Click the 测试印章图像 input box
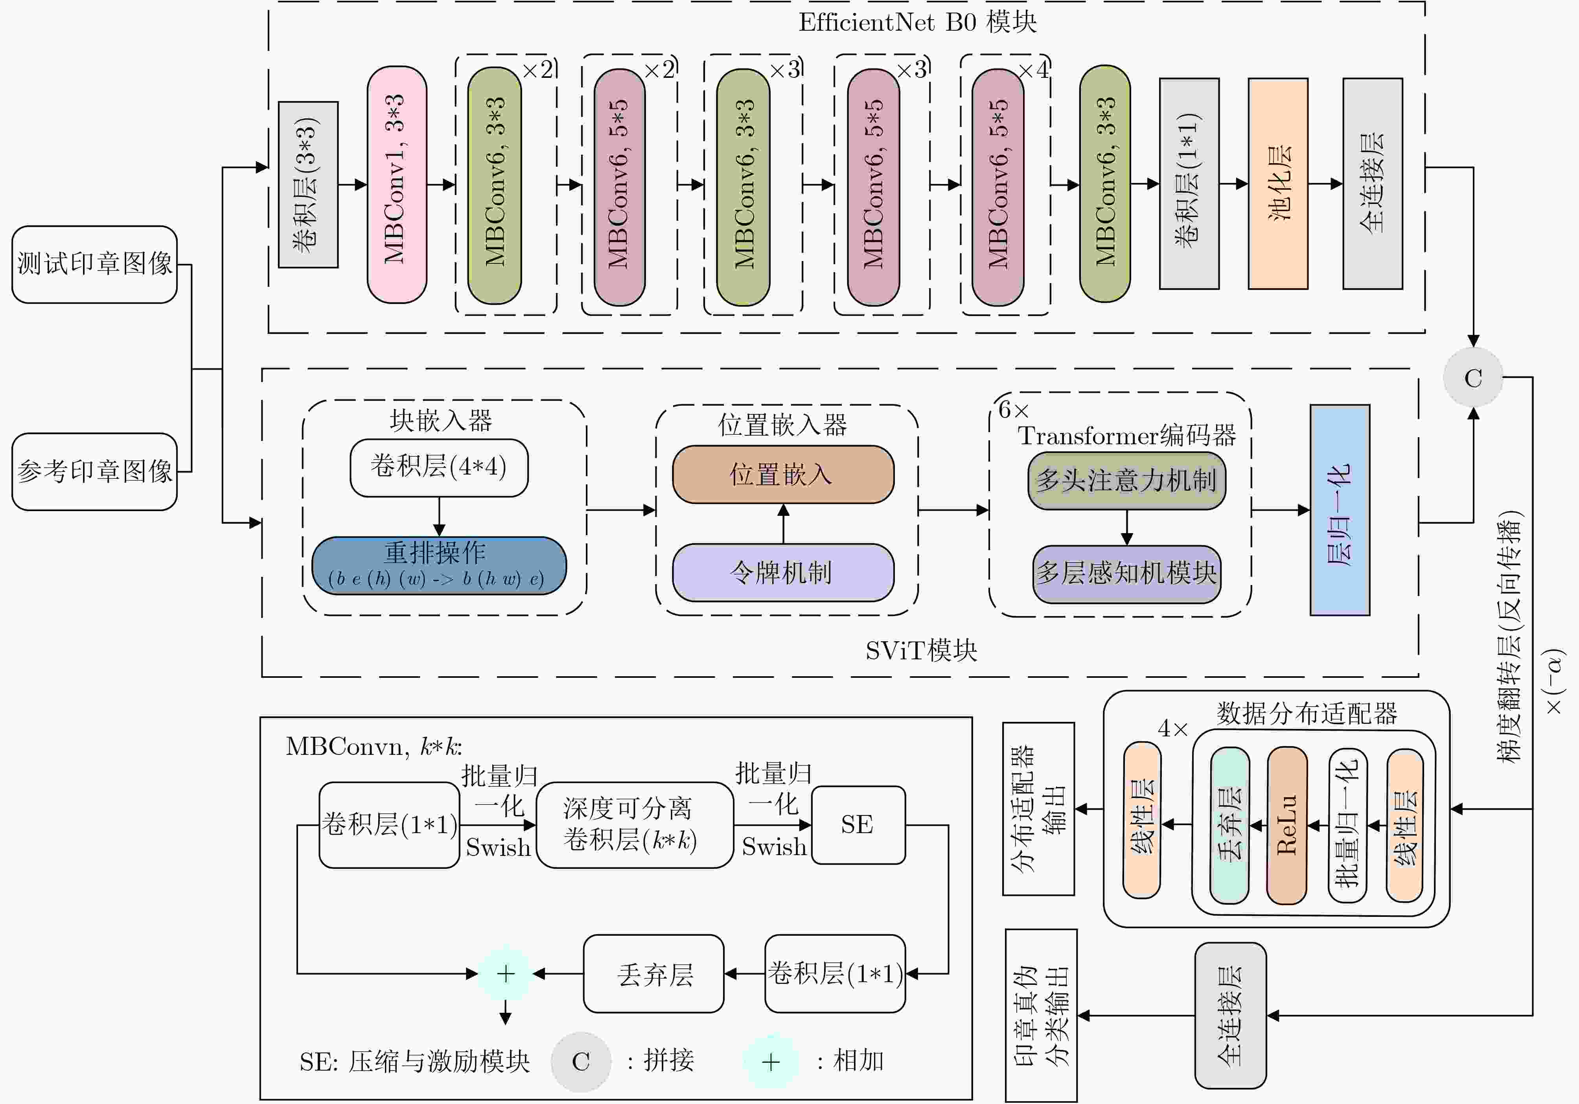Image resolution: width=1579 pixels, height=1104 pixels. (x=94, y=264)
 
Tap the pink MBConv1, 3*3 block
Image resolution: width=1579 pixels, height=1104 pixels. (x=397, y=184)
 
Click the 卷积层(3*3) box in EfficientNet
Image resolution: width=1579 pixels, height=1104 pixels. (x=308, y=184)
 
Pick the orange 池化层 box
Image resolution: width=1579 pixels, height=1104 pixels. (x=1278, y=184)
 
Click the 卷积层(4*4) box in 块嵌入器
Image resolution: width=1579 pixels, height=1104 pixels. (x=439, y=468)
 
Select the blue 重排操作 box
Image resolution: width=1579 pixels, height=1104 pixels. (x=439, y=565)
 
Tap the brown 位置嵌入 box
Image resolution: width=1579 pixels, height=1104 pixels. (x=783, y=475)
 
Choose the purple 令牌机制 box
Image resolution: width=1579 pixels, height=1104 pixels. (x=783, y=572)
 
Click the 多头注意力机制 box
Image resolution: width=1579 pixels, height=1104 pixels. (x=1126, y=480)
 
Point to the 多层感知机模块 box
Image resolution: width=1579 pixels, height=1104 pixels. (x=1126, y=574)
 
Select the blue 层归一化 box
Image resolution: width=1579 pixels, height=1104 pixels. (x=1340, y=510)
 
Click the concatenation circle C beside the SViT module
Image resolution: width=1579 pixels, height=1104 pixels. (x=1473, y=377)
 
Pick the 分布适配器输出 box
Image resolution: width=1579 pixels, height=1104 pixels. (x=1038, y=809)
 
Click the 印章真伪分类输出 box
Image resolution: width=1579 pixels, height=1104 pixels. (x=1041, y=1015)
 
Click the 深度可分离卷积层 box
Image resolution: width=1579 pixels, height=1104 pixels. (x=634, y=825)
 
